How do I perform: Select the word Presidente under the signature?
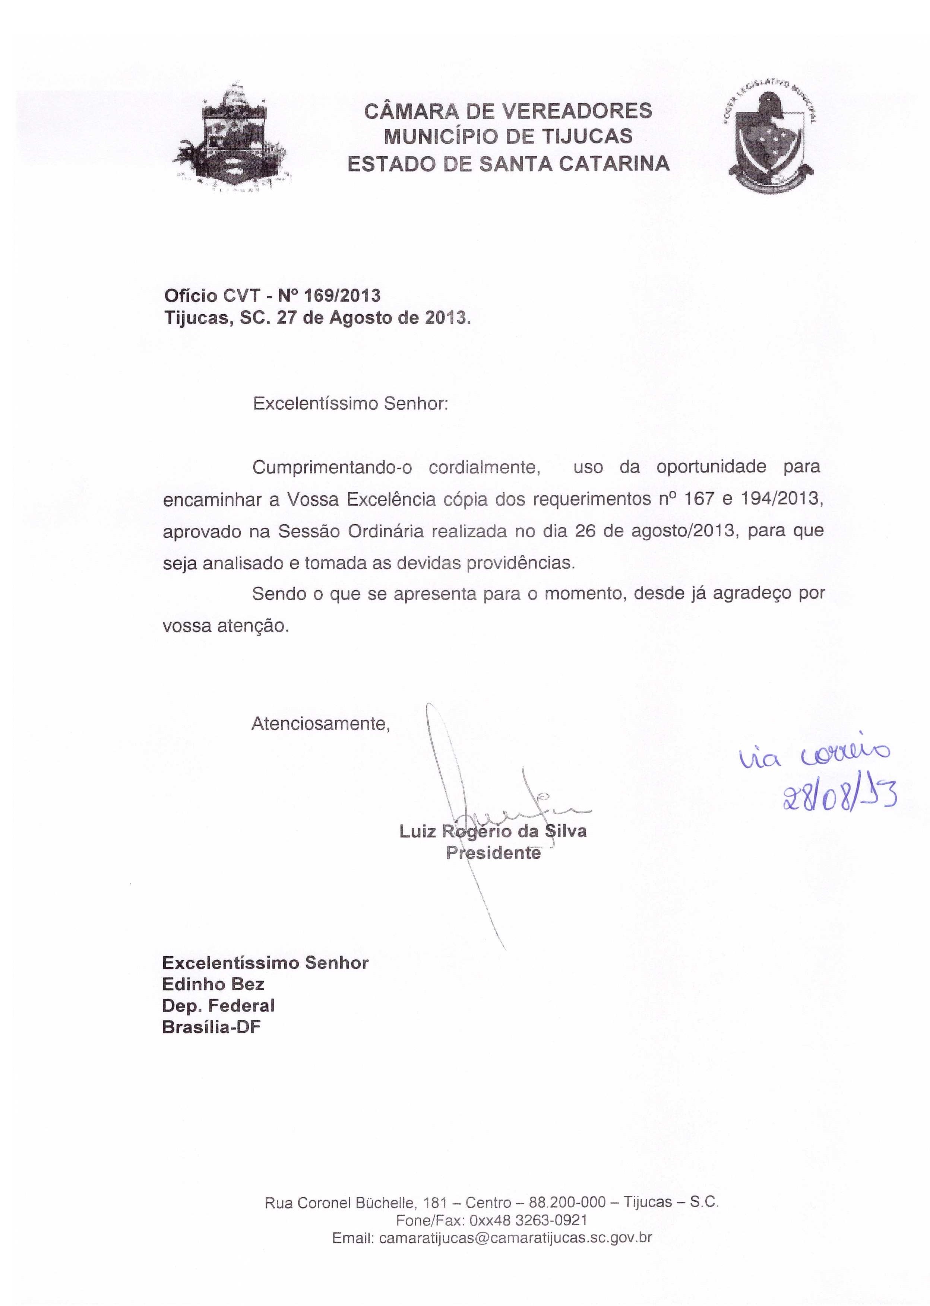[x=493, y=853]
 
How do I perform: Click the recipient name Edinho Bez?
[x=213, y=984]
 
